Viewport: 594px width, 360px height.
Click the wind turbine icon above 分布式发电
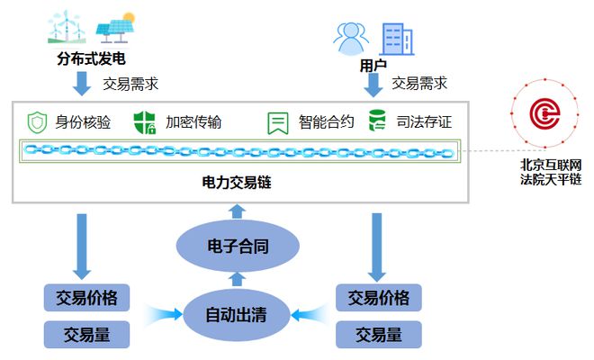pyautogui.click(x=67, y=27)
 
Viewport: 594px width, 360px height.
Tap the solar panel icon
pyautogui.click(x=114, y=28)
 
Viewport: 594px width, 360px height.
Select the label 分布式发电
pyautogui.click(x=90, y=60)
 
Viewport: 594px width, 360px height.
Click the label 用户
pyautogui.click(x=373, y=66)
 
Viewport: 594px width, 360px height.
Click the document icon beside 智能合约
pyautogui.click(x=277, y=122)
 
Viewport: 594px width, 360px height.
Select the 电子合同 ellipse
pyautogui.click(x=236, y=246)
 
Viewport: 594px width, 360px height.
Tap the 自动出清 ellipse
pyautogui.click(x=236, y=315)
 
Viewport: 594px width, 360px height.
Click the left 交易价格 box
pyautogui.click(x=87, y=297)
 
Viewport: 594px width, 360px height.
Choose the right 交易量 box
pyautogui.click(x=378, y=335)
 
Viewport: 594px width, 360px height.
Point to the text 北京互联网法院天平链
pyautogui.click(x=550, y=172)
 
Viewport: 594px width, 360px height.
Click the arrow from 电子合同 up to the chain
pyautogui.click(x=237, y=211)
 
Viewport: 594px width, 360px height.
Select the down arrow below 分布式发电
pyautogui.click(x=82, y=84)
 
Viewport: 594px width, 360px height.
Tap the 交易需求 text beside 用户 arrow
pyautogui.click(x=419, y=84)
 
